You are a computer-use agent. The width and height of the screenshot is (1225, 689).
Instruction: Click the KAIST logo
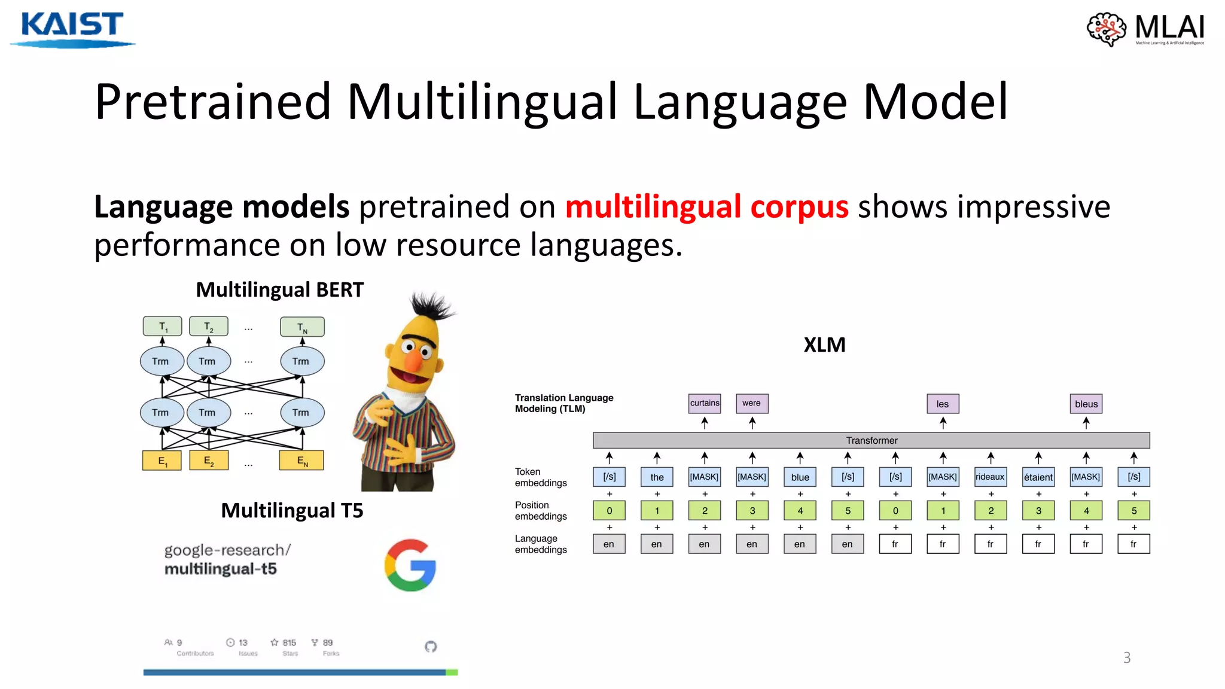tap(72, 28)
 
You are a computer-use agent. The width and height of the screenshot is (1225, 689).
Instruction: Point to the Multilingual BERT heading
tap(279, 290)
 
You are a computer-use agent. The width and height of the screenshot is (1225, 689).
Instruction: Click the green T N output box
tap(302, 327)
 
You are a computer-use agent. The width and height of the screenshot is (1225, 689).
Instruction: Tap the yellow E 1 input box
tap(162, 461)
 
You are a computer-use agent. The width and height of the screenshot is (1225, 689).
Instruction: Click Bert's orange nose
tap(413, 361)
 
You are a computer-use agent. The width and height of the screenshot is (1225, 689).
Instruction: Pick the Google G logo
tap(410, 565)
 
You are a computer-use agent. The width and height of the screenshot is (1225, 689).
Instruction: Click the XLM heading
tap(824, 345)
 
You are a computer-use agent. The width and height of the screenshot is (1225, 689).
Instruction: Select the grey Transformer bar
tap(871, 440)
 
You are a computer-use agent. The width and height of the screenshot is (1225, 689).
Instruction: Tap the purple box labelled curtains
tap(705, 403)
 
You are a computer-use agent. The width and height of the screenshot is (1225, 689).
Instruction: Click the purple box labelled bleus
tap(1086, 404)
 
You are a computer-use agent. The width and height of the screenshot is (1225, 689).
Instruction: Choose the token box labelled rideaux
tap(990, 477)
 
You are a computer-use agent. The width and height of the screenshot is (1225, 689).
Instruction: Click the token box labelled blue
tap(800, 477)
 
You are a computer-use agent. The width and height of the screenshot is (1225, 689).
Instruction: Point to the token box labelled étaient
tap(1038, 477)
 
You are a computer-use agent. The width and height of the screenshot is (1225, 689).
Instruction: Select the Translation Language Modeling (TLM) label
tap(563, 403)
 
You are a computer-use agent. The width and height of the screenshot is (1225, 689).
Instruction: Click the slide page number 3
tap(1127, 658)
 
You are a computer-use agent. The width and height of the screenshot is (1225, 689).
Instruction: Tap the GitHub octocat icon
tap(431, 647)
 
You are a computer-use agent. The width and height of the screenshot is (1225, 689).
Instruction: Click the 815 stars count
tap(289, 642)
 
